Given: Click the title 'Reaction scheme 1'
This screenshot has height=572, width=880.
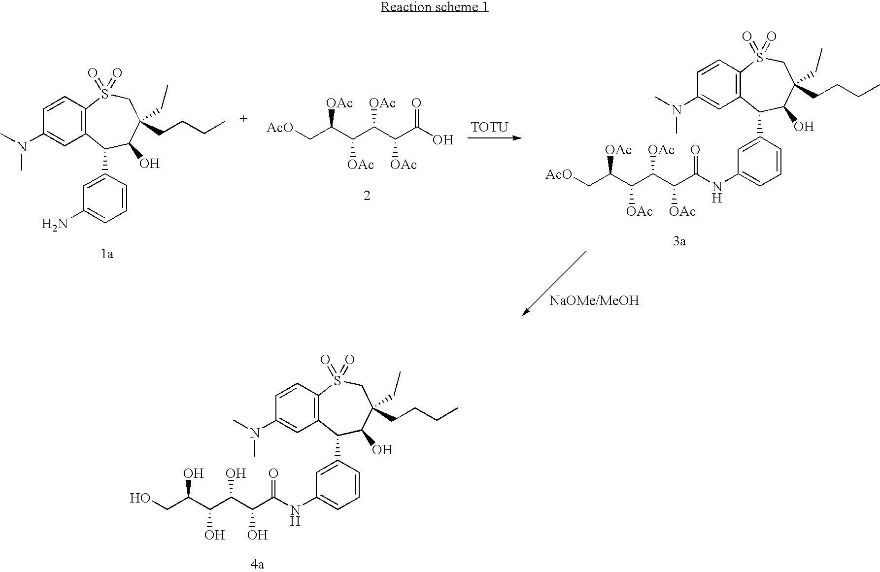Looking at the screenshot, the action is pos(434,7).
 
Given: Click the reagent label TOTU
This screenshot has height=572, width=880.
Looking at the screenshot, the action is pos(489,128).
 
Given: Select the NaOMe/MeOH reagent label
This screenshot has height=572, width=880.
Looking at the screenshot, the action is pos(594,301).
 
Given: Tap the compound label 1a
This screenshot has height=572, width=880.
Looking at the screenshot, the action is pos(107,254).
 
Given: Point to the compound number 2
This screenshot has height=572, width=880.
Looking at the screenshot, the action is pos(367,196).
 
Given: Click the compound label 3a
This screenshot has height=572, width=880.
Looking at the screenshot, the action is pos(679,241).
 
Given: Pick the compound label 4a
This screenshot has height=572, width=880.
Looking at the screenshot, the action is pos(257,565).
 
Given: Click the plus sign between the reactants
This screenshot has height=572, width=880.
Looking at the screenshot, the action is pos(244,119).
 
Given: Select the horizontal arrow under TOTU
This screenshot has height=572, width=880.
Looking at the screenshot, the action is pos(494,138).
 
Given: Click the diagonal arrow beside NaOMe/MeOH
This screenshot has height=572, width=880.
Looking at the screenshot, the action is pos(554,283).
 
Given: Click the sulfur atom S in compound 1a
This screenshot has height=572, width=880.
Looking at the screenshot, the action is pos(104,93).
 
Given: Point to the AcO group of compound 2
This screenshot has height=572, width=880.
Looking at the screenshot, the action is pos(280,128).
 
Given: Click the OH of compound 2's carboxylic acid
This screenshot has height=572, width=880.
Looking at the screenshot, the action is pos(442,140).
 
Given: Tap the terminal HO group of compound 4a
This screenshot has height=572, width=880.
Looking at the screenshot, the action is pos(140,499).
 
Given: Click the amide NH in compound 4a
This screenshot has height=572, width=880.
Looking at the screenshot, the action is pos(295,515).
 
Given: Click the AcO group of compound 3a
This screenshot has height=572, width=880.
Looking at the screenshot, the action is pos(559,174).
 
